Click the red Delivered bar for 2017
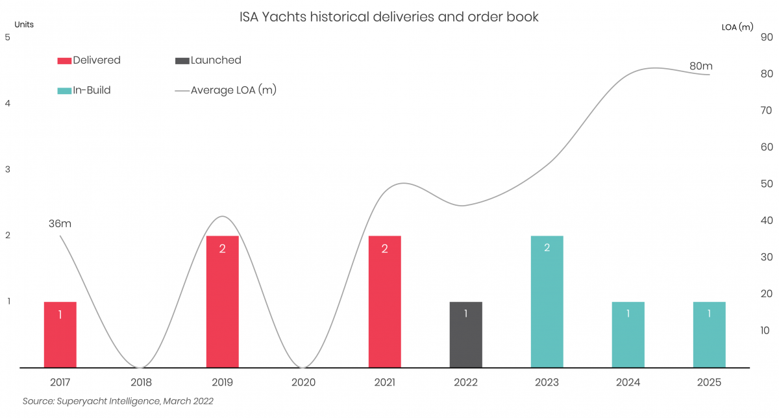pyautogui.click(x=60, y=334)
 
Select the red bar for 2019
pyautogui.click(x=222, y=302)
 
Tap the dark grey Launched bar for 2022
pyautogui.click(x=465, y=334)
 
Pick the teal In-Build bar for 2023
pyautogui.click(x=547, y=302)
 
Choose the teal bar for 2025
pyautogui.click(x=709, y=334)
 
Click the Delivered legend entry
pyautogui.click(x=90, y=60)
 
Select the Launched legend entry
pyautogui.click(x=208, y=60)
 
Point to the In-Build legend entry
pyautogui.click(x=84, y=90)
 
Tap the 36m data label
pyautogui.click(x=60, y=224)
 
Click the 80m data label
pyautogui.click(x=700, y=66)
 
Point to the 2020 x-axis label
pyautogui.click(x=303, y=383)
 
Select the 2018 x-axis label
pyautogui.click(x=141, y=383)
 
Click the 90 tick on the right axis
pyautogui.click(x=766, y=37)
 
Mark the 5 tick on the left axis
pyautogui.click(x=7, y=37)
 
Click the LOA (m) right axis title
pyautogui.click(x=737, y=27)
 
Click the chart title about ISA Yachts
pyautogui.click(x=389, y=17)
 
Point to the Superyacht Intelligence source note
pyautogui.click(x=117, y=401)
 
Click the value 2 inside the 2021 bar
pyautogui.click(x=384, y=249)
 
